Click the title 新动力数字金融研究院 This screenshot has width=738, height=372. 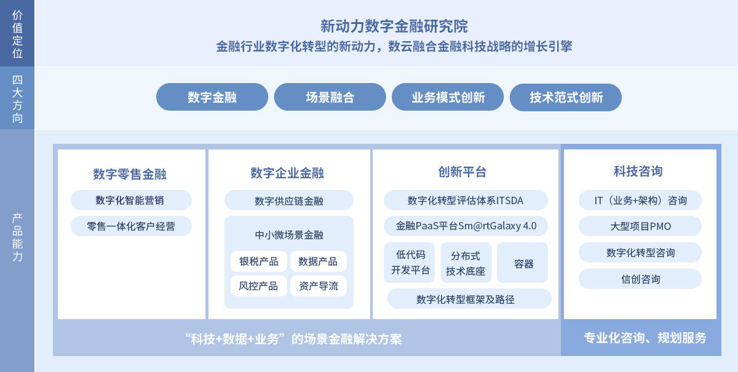click(x=394, y=26)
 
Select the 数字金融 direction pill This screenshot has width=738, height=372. click(x=212, y=97)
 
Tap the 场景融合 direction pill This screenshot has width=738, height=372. click(x=330, y=97)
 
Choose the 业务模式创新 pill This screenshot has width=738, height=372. click(x=448, y=97)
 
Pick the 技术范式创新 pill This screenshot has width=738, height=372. click(x=566, y=97)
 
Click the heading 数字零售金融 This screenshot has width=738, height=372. click(x=130, y=174)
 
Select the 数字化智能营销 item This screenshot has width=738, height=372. click(x=131, y=200)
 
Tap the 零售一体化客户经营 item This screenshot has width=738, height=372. click(x=131, y=226)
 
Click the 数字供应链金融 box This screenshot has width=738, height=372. click(x=289, y=200)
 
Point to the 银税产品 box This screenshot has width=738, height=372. click(x=259, y=261)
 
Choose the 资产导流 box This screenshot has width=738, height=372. click(x=319, y=286)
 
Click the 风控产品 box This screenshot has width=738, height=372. click(x=259, y=286)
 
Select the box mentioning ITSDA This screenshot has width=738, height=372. click(x=466, y=200)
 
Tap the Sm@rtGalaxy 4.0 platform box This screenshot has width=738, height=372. click(x=466, y=226)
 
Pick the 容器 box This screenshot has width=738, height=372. click(x=523, y=263)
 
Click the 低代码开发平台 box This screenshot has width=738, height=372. click(x=409, y=263)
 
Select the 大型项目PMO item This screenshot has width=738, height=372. click(x=640, y=226)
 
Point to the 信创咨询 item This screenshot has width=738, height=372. click(x=640, y=279)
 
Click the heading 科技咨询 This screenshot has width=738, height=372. click(x=638, y=172)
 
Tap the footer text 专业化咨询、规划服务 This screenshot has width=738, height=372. click(x=645, y=338)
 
